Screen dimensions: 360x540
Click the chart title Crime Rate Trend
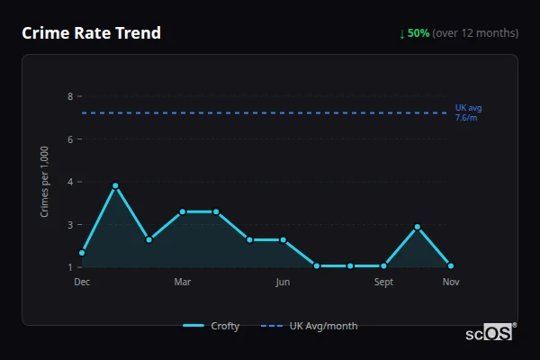(91, 33)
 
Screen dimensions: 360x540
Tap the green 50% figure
(418, 33)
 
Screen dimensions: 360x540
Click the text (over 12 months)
(475, 33)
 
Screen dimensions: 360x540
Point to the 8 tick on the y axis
(69, 95)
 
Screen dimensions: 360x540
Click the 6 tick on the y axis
(69, 139)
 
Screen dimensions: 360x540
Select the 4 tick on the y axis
(69, 182)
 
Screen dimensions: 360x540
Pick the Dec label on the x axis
(82, 282)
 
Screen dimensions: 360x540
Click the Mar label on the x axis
(182, 282)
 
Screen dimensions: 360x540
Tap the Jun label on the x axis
(283, 282)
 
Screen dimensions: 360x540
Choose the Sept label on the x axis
(383, 282)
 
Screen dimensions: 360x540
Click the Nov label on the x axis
(451, 282)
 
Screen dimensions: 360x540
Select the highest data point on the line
(115, 185)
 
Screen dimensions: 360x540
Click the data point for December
(82, 253)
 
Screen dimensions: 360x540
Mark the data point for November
(451, 265)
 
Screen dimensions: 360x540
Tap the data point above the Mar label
(183, 211)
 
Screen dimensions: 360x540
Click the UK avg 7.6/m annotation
(468, 112)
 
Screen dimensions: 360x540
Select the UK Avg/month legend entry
(310, 326)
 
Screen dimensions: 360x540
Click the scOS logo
(490, 332)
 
